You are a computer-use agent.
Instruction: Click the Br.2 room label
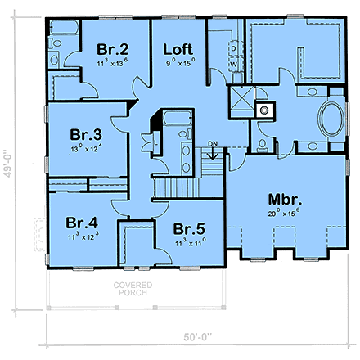(x=110, y=47)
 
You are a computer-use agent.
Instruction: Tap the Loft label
(x=178, y=47)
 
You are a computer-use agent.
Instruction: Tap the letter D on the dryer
(x=233, y=48)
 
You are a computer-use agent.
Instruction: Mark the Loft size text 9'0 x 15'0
(x=178, y=60)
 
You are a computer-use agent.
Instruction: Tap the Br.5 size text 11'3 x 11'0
(x=190, y=241)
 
